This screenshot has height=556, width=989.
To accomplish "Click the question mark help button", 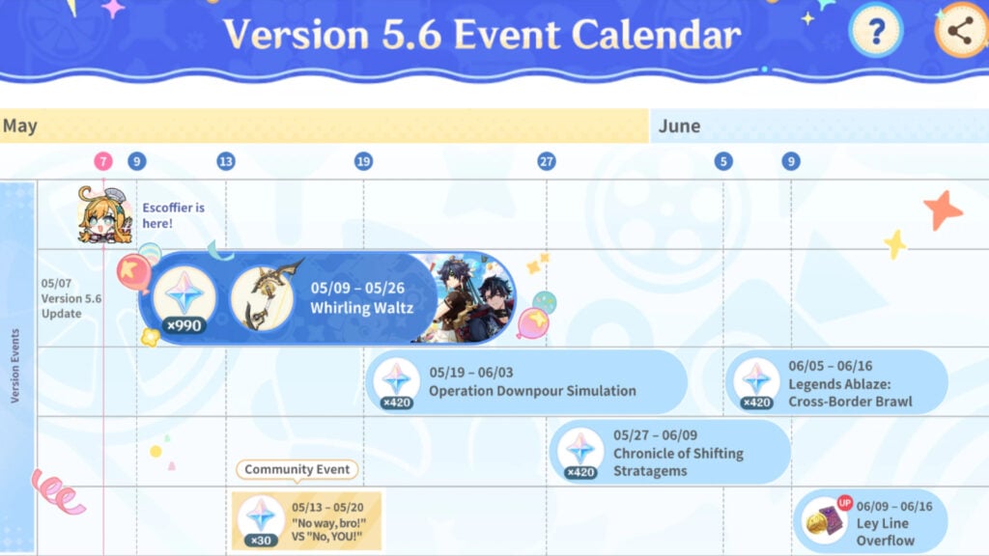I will [x=875, y=31].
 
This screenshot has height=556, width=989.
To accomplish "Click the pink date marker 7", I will [x=103, y=161].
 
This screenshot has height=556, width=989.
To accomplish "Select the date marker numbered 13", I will [x=226, y=161].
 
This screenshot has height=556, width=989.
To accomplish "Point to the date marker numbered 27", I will [x=547, y=161].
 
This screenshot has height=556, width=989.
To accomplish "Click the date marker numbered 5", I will [x=723, y=161].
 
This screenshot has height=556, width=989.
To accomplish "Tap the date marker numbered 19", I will [x=363, y=161].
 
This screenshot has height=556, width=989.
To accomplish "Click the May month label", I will [x=20, y=126].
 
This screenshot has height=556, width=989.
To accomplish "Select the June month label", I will [x=679, y=126].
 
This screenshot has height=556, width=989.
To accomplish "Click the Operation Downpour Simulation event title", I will [x=532, y=391].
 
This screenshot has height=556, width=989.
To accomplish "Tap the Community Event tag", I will [x=297, y=470].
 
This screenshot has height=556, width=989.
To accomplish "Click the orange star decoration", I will [x=942, y=209].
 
